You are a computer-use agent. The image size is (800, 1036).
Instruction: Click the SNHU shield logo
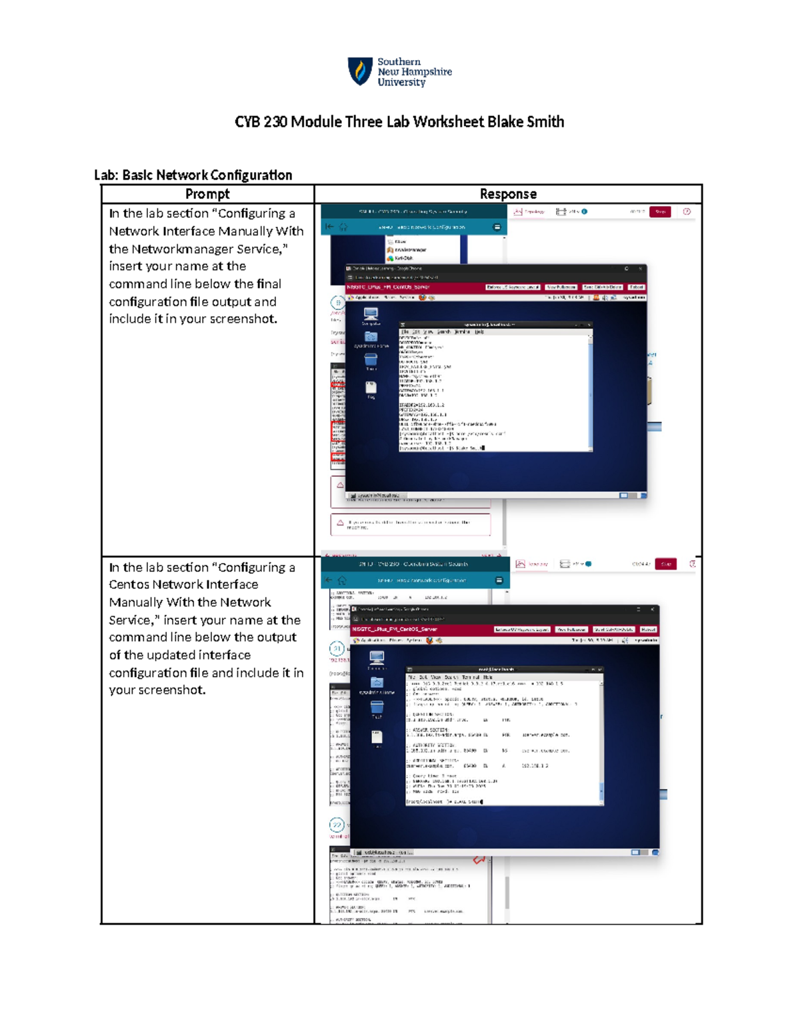[x=360, y=71]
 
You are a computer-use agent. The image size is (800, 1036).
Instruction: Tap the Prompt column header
[x=207, y=194]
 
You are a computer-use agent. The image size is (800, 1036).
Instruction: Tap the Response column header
[x=508, y=194]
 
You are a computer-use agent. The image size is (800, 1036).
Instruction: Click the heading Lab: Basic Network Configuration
[x=193, y=175]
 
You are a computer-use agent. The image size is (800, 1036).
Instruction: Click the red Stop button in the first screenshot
[x=660, y=211]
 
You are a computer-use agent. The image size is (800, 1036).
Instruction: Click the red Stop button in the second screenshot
[x=665, y=564]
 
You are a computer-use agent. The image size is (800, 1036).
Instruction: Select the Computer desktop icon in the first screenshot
[x=371, y=314]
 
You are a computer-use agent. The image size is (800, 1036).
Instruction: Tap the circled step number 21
[x=337, y=648]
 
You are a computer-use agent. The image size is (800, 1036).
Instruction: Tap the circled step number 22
[x=337, y=825]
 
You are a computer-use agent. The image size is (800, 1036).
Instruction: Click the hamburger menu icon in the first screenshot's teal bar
[x=497, y=227]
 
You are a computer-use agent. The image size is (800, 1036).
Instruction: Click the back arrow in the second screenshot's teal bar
[x=329, y=580]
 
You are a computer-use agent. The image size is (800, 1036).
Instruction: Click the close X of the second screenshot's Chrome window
[x=653, y=609]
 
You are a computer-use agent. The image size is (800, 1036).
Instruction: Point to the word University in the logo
[x=401, y=83]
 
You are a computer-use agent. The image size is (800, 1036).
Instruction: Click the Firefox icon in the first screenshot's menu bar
[x=422, y=298]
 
